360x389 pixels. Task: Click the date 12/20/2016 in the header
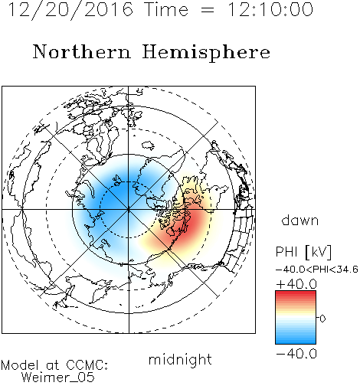70,9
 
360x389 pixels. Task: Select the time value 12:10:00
270,9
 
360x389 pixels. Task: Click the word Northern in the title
81,52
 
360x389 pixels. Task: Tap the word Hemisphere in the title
206,52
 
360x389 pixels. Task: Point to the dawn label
300,220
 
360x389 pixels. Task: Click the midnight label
180,359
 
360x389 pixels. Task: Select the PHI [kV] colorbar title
303,252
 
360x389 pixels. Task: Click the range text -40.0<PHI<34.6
316,270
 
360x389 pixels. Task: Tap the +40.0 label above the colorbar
296,284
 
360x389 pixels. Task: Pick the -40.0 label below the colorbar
296,354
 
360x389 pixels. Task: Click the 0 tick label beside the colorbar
322,319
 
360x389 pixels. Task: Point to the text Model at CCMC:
54,365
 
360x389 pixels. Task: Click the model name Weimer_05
58,377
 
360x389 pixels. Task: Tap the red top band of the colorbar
296,293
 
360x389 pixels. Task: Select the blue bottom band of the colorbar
296,341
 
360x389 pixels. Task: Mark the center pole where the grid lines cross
129,210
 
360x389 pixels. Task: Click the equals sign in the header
207,10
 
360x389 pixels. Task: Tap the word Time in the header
166,9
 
